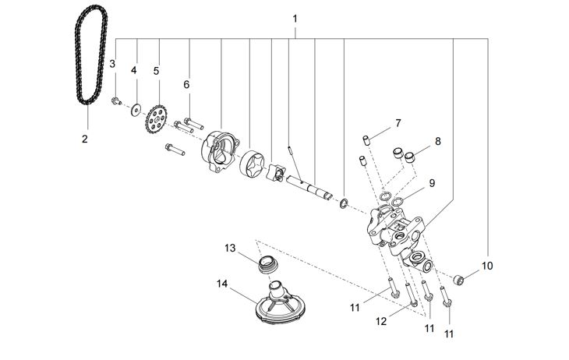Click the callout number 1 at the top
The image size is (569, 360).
(x=295, y=18)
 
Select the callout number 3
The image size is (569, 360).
(x=112, y=63)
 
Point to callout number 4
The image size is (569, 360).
(x=134, y=70)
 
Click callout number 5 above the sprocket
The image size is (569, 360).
(x=156, y=71)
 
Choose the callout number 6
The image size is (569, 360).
(x=187, y=84)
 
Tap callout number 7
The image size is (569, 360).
(x=398, y=123)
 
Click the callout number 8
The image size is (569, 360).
(x=438, y=142)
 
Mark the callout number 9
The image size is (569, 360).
(x=432, y=184)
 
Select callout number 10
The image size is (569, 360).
(x=487, y=266)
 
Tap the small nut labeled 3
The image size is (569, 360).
(x=115, y=100)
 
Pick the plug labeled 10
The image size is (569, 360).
(x=460, y=278)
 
